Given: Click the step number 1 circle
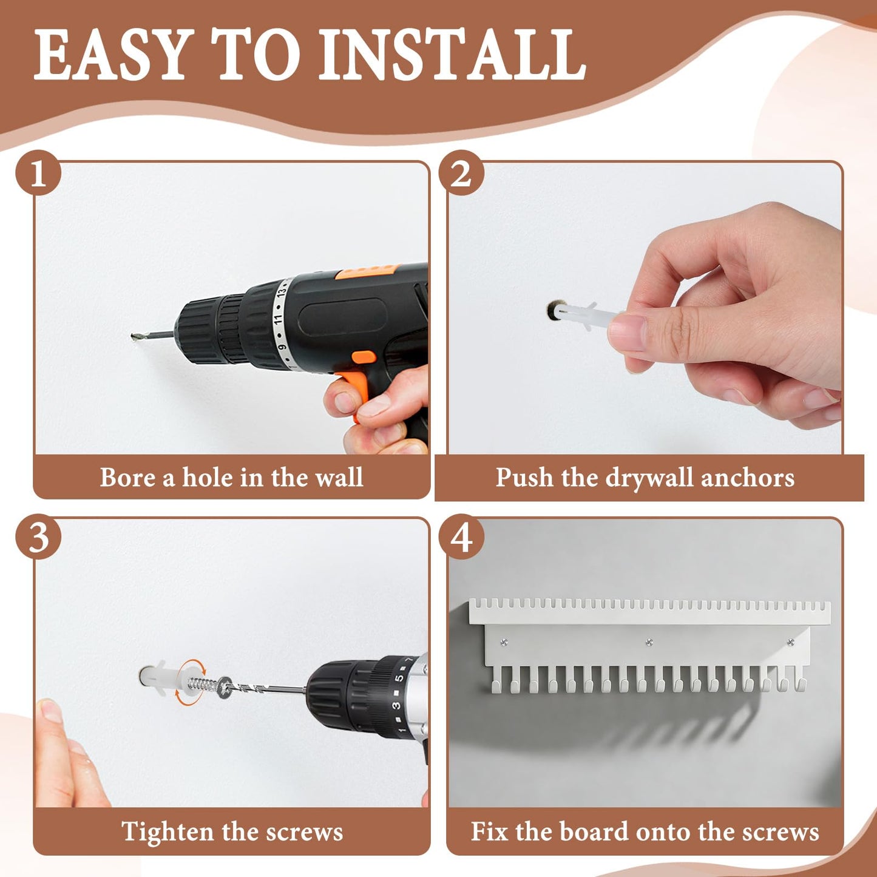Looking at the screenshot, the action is [x=38, y=173].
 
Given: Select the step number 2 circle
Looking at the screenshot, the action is [x=461, y=173].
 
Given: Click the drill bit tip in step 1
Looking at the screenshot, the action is [x=134, y=337].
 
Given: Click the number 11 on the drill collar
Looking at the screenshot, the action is [x=279, y=318].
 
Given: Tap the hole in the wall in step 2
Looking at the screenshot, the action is [x=554, y=311].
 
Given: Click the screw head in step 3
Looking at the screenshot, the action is [x=225, y=688].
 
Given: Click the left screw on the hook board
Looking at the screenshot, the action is [x=504, y=642].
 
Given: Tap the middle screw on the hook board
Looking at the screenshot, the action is [x=649, y=642].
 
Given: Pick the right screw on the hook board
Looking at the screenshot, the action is [x=791, y=642].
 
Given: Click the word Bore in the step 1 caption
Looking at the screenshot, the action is [x=128, y=478].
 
